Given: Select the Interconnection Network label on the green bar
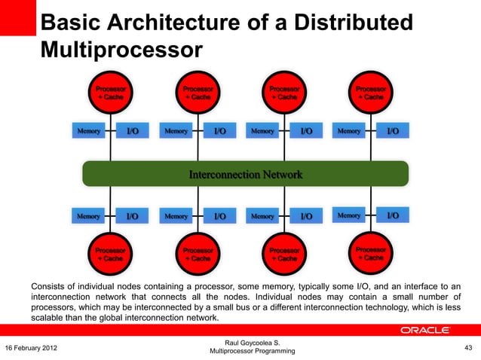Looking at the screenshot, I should pyautogui.click(x=245, y=174).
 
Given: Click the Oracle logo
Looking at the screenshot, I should pyautogui.click(x=425, y=331).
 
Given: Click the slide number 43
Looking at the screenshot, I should pyautogui.click(x=467, y=347).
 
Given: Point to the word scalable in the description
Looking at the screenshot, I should pyautogui.click(x=48, y=318).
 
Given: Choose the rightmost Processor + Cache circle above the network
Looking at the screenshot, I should pyautogui.click(x=370, y=93).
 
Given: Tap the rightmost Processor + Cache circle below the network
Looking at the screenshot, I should pyautogui.click(x=370, y=254).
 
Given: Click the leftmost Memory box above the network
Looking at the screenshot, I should pyautogui.click(x=88, y=131).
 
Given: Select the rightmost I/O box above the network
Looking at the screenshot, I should pyautogui.click(x=393, y=131).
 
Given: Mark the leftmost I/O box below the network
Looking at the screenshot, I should pyautogui.click(x=132, y=216).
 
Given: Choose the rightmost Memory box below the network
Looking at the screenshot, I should pyautogui.click(x=348, y=215).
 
